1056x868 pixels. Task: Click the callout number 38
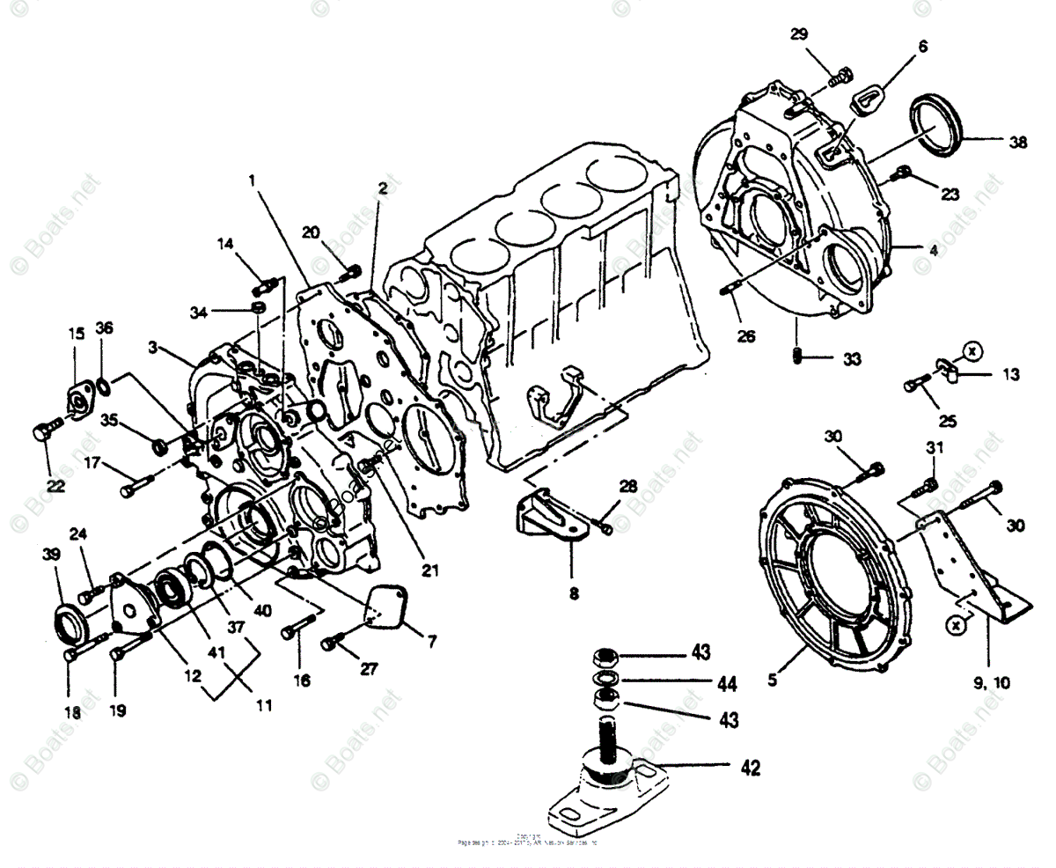1017,141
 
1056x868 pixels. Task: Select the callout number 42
750,768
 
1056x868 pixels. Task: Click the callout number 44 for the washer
727,682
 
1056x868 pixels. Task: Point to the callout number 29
799,34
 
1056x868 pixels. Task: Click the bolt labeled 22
44,432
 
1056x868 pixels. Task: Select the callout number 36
104,328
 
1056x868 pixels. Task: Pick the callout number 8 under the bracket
574,593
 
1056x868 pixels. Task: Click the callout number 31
934,448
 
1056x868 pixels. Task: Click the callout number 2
383,188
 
